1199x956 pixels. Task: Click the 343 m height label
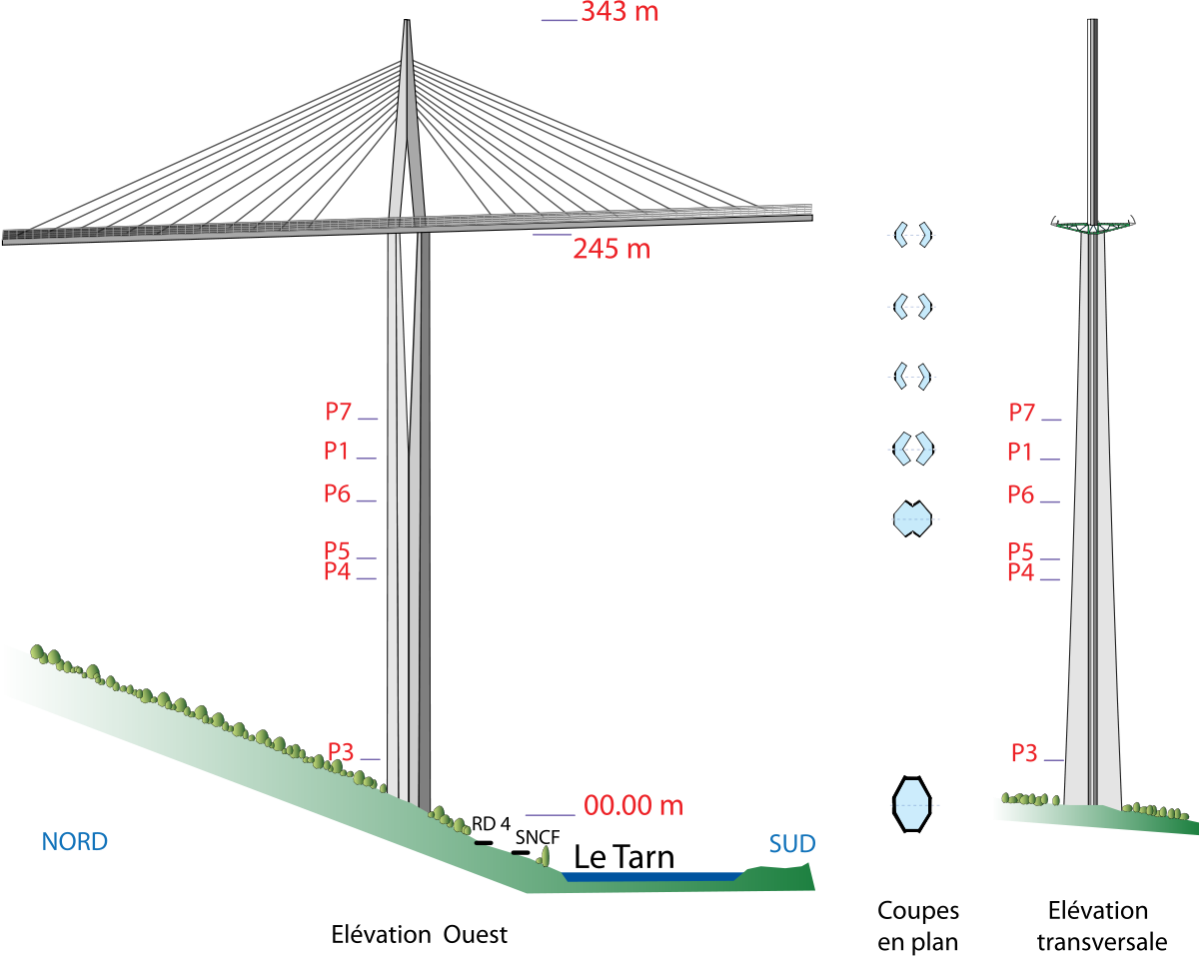click(619, 12)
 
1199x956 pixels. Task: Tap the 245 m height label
click(610, 249)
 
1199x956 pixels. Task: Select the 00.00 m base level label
click(632, 805)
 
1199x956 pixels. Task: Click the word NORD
click(75, 841)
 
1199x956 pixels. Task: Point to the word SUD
click(791, 844)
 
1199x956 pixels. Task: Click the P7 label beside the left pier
click(339, 412)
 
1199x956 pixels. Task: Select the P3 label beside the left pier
click(341, 752)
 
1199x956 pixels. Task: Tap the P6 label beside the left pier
click(337, 493)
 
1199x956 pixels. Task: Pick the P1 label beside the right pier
click(1020, 453)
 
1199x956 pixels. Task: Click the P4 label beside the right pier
click(1020, 572)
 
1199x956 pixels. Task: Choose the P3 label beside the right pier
click(1024, 754)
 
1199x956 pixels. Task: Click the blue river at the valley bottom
click(649, 876)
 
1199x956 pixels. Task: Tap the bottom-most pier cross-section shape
click(912, 804)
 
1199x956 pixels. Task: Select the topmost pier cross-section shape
click(912, 235)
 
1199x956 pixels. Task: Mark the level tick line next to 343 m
click(560, 20)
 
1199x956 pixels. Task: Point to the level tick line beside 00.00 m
click(550, 815)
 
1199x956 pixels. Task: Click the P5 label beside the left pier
click(337, 550)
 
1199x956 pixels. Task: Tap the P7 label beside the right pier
click(1022, 413)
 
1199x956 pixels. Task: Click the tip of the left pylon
click(407, 22)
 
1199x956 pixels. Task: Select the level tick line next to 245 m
click(552, 235)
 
